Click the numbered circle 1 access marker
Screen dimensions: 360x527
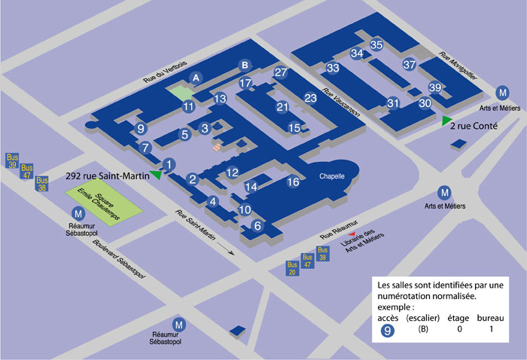pyautogui.click(x=169, y=164)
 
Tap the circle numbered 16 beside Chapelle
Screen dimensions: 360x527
pyautogui.click(x=294, y=182)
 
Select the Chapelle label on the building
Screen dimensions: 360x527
pyautogui.click(x=331, y=175)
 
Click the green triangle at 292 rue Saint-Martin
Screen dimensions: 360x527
pyautogui.click(x=156, y=175)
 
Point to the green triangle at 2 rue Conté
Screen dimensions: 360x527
pyautogui.click(x=447, y=121)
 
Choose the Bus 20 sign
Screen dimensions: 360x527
pyautogui.click(x=293, y=268)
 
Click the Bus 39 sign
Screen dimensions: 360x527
pyautogui.click(x=12, y=160)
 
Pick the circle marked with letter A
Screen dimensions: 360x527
pyautogui.click(x=196, y=78)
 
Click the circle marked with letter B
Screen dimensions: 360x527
pyautogui.click(x=244, y=65)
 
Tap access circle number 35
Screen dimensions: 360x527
pyautogui.click(x=377, y=45)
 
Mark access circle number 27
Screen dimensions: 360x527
pyautogui.click(x=281, y=72)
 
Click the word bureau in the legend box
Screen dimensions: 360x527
pyautogui.click(x=489, y=318)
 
